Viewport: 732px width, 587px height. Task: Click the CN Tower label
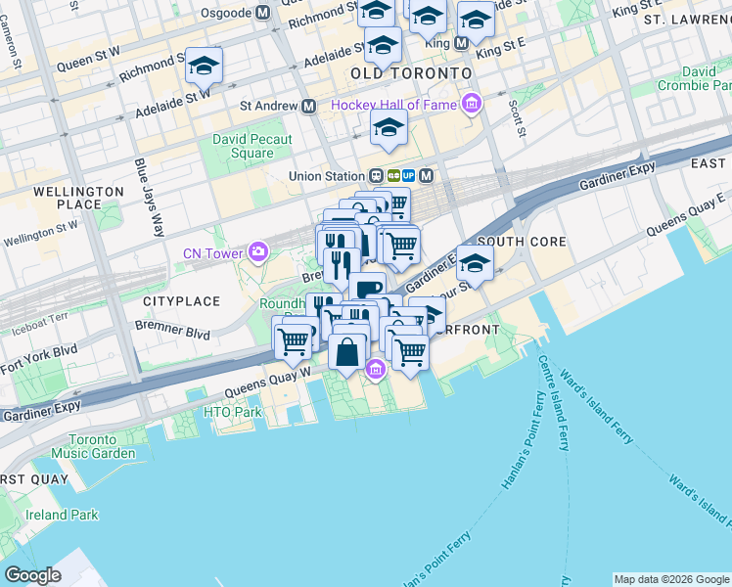coord(212,254)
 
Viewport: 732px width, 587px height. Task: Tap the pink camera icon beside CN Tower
coord(257,252)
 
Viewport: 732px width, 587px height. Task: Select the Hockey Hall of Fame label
coord(395,105)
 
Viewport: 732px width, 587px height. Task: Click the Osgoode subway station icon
coord(262,14)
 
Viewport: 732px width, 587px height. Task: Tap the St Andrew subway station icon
coord(308,106)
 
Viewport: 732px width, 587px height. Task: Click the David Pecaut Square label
coord(252,146)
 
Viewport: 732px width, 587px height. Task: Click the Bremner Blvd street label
coord(173,329)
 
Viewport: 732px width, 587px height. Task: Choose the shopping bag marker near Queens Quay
coord(347,351)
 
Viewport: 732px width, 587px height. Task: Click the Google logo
coord(33,575)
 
